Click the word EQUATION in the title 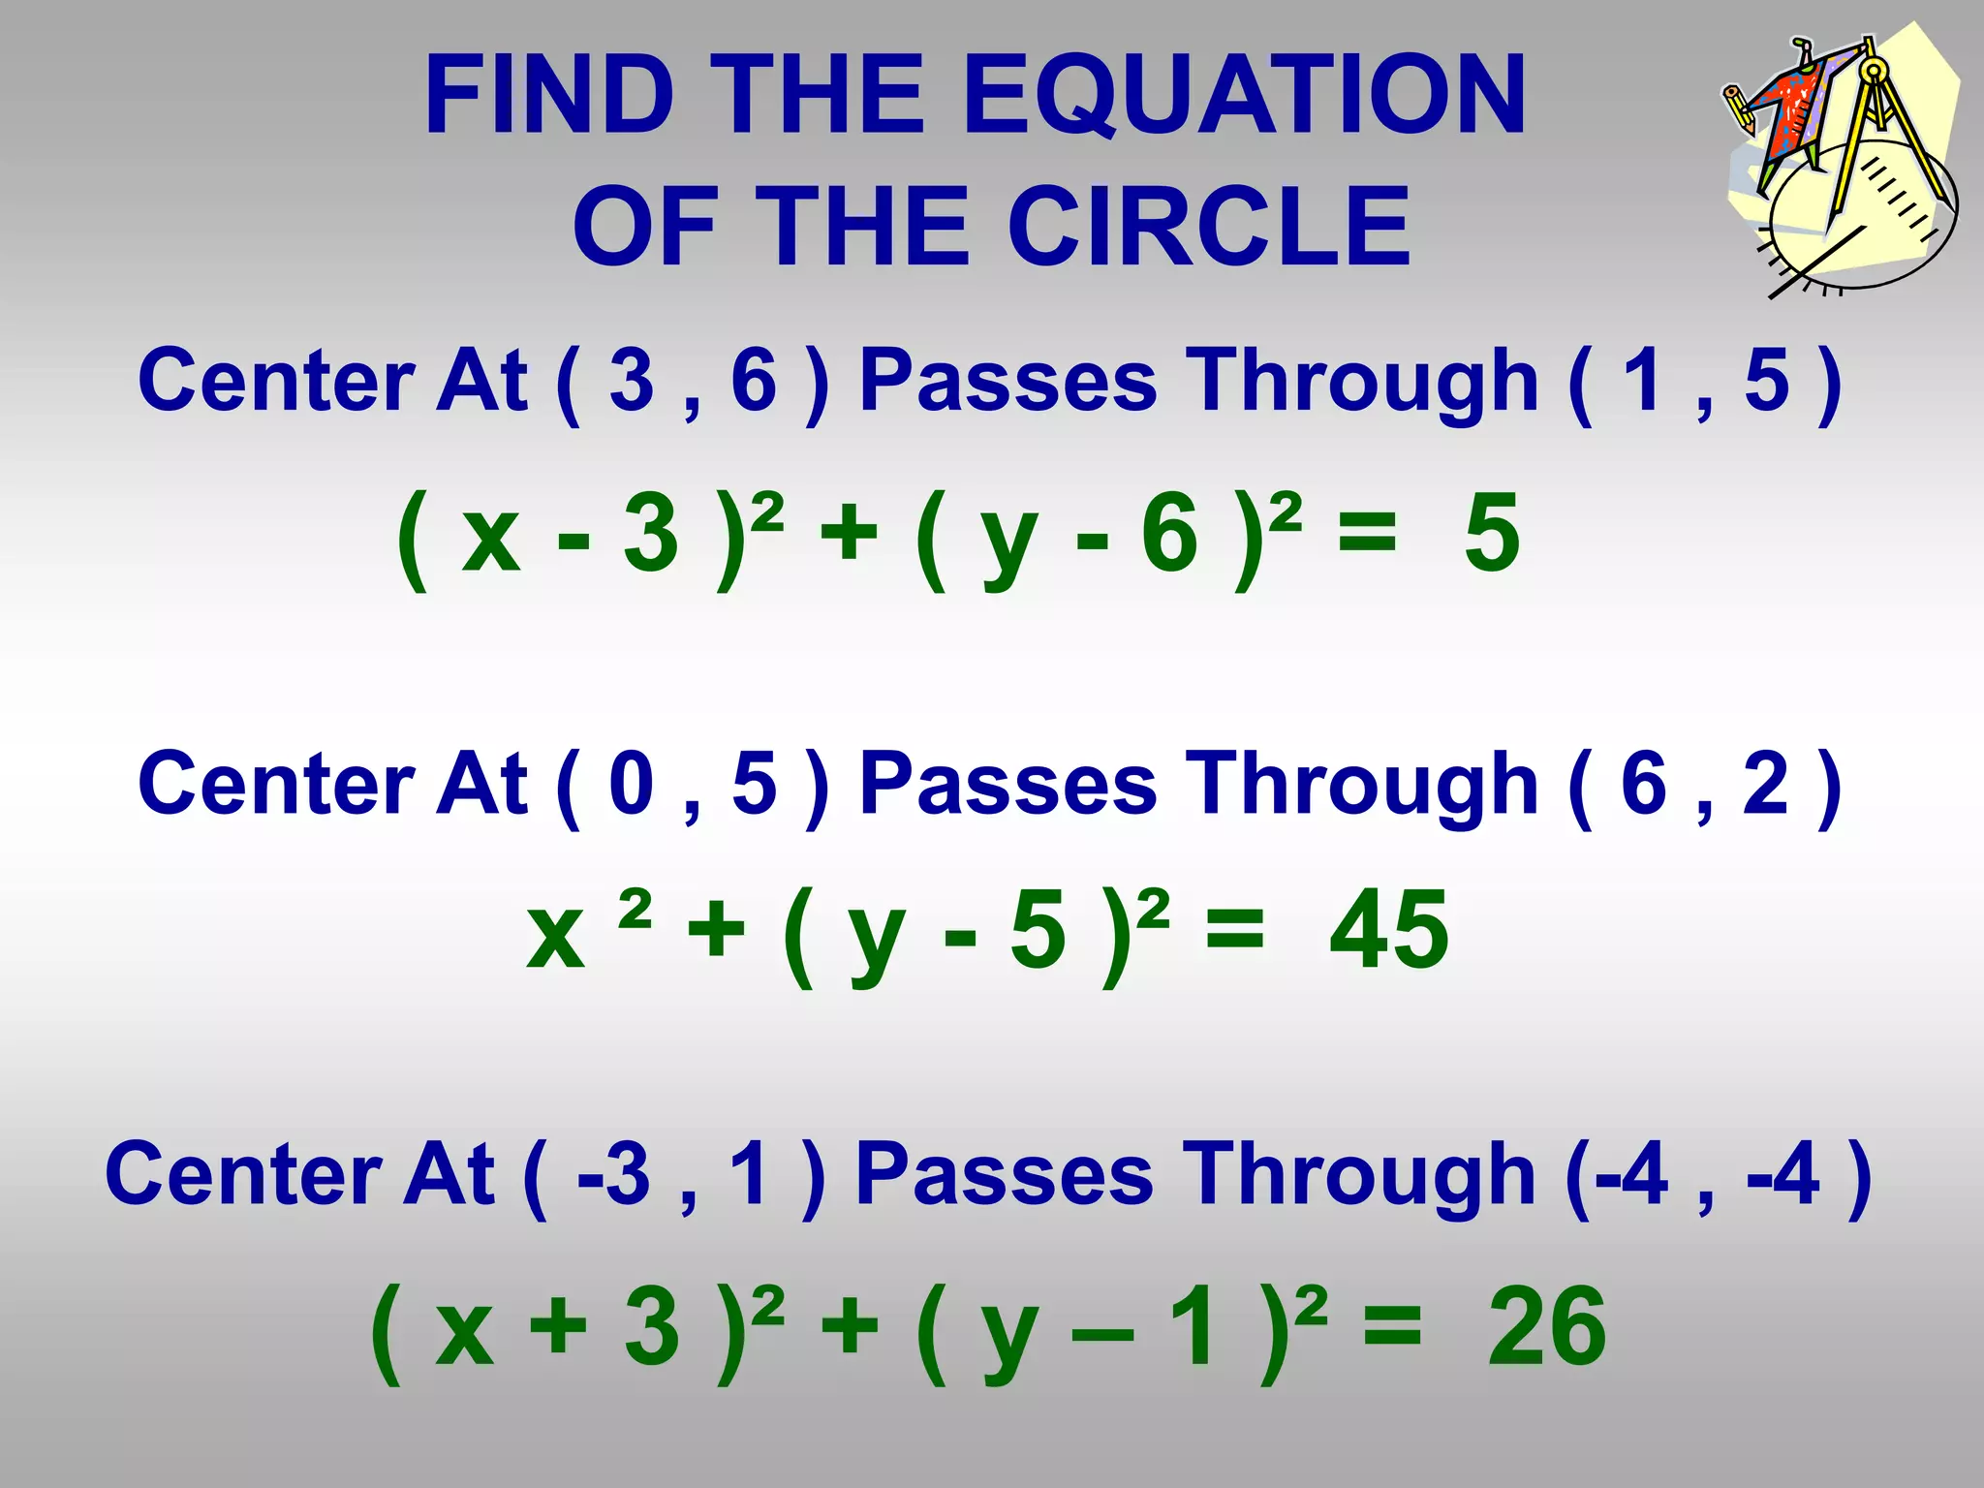(x=1245, y=95)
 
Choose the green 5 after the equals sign (x=1492, y=533)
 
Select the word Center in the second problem (x=276, y=784)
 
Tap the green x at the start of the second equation (x=556, y=935)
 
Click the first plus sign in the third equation (x=559, y=1326)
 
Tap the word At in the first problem (x=481, y=380)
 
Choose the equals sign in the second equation (x=1234, y=931)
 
